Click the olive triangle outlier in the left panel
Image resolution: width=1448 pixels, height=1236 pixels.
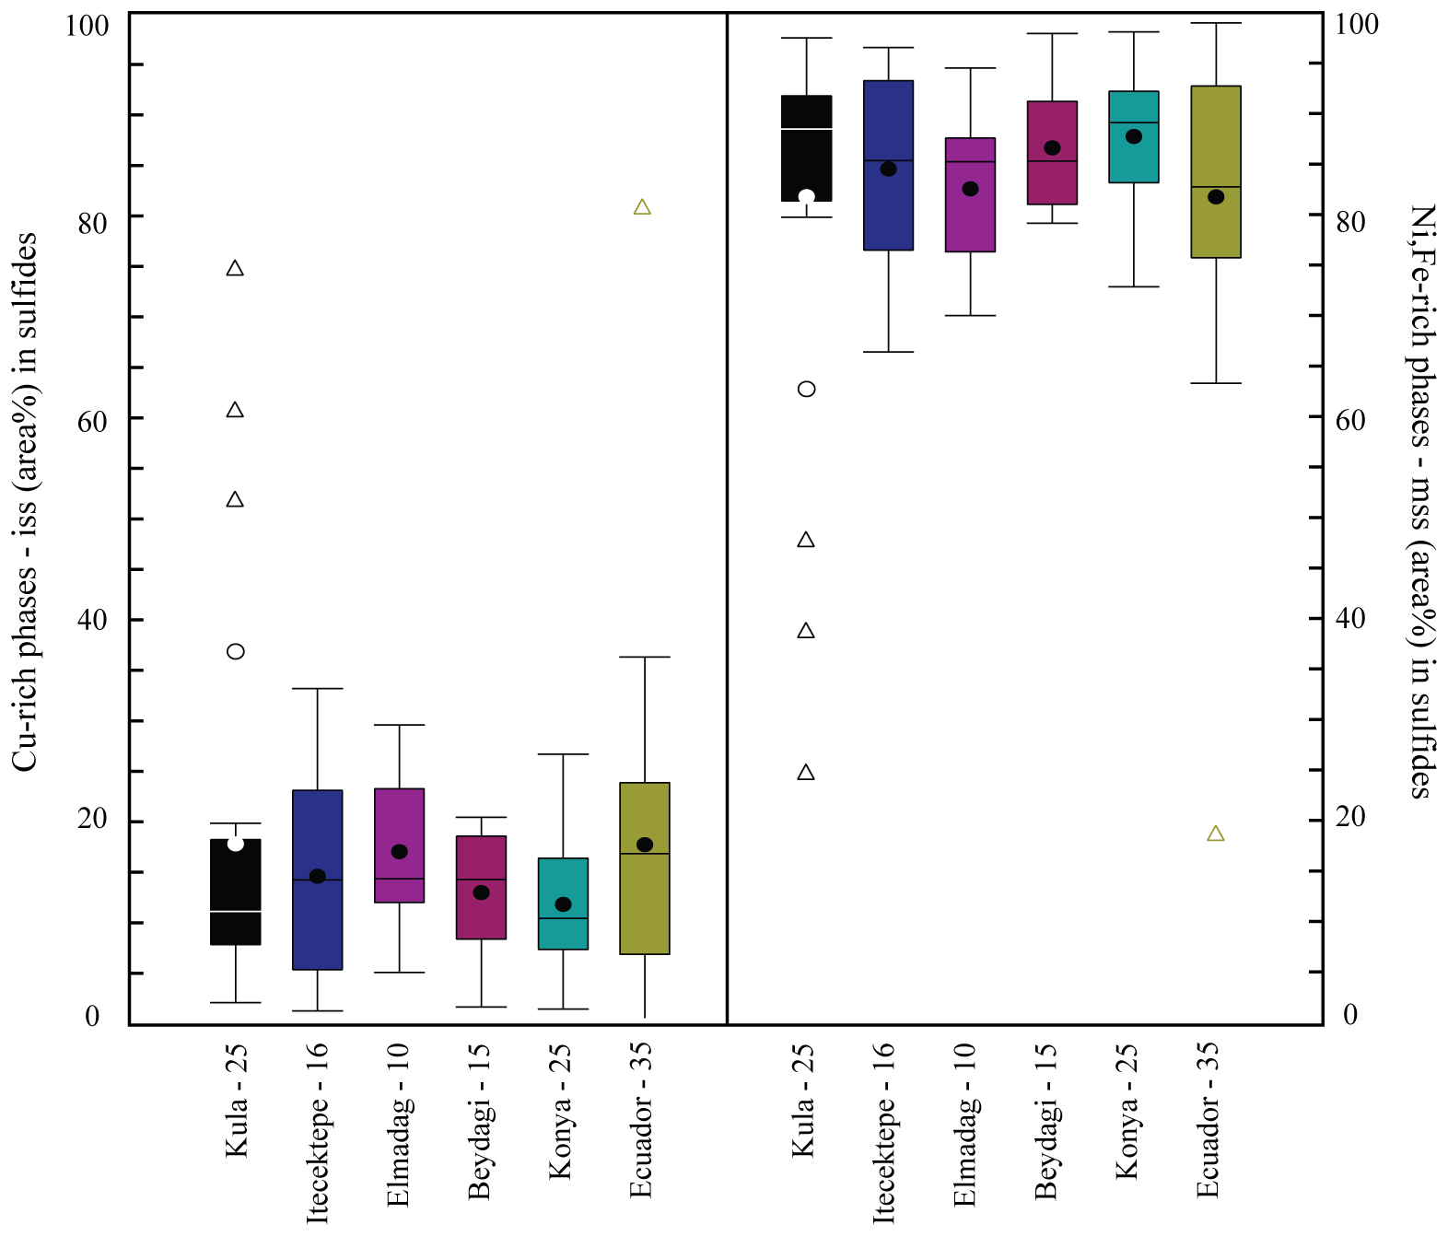coord(642,208)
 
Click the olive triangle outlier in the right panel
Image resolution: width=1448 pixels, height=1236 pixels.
coord(1215,834)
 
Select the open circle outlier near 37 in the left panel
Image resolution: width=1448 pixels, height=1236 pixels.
coord(236,652)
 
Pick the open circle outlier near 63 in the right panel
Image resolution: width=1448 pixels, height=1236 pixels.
coord(806,390)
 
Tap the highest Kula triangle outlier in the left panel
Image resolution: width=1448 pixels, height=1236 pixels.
coord(235,269)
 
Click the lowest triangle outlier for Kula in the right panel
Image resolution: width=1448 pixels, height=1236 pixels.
coord(806,773)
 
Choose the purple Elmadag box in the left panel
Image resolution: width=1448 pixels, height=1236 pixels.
coord(399,820)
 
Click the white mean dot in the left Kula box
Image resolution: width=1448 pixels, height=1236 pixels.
coord(236,844)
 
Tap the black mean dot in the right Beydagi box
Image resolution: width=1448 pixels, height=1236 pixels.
coord(1052,148)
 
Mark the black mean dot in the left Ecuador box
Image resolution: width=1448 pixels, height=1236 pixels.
coord(645,845)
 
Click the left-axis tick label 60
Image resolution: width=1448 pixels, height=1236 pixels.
coord(92,422)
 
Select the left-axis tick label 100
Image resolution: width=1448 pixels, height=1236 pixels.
coord(87,26)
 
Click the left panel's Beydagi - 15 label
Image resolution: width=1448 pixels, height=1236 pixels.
coord(480,1122)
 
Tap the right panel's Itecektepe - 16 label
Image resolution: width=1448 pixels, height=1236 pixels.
coord(883,1133)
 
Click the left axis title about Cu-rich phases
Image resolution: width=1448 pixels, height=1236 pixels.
coord(26,502)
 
